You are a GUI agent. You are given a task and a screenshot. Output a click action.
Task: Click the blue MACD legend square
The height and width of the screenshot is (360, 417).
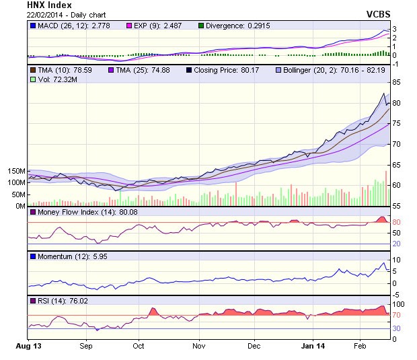32,26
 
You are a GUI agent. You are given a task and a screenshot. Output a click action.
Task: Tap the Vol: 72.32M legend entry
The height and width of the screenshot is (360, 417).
50,79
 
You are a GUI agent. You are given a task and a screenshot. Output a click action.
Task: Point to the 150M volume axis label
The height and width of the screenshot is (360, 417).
15,171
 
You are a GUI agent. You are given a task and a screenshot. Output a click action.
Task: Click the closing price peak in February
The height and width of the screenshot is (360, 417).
383,94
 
